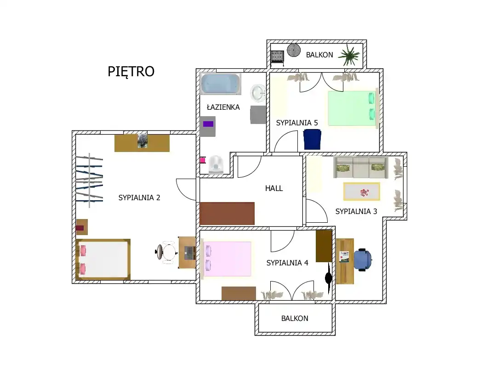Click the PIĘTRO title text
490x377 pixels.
click(x=131, y=72)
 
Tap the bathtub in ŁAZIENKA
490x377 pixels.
click(x=220, y=84)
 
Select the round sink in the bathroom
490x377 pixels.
click(x=258, y=93)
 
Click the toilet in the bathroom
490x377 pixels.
click(x=216, y=164)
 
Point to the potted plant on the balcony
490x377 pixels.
click(x=349, y=55)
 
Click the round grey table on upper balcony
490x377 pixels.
click(x=294, y=50)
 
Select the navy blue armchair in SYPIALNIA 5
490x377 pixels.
click(x=312, y=139)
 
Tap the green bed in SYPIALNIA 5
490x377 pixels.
click(x=353, y=108)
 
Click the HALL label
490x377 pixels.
click(x=274, y=188)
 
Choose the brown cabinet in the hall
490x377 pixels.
click(x=227, y=214)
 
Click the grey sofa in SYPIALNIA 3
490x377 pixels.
click(x=361, y=167)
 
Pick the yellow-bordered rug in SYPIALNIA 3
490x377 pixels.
click(x=362, y=191)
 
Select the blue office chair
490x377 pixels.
click(x=363, y=259)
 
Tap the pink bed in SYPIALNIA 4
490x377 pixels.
click(x=227, y=259)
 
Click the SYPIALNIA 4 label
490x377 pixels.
click(x=287, y=263)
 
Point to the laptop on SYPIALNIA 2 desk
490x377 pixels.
click(x=189, y=253)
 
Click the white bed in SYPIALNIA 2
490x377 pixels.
click(x=103, y=259)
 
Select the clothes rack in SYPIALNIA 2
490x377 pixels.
click(x=89, y=180)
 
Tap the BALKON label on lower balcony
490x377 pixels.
click(x=295, y=318)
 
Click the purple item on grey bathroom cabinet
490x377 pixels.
click(x=208, y=124)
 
